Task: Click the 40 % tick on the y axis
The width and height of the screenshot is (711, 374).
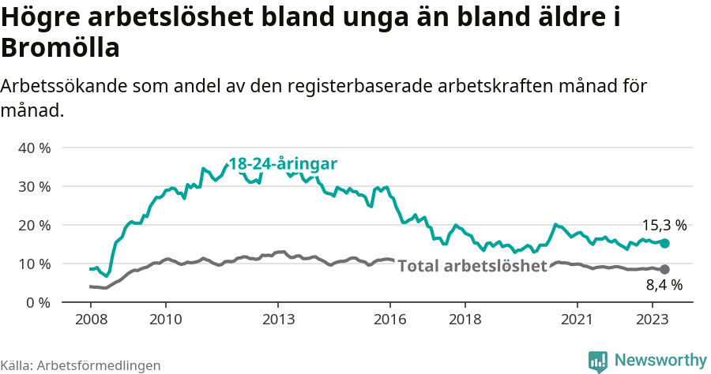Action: (34, 148)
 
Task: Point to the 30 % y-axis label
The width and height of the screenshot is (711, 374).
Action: (34, 186)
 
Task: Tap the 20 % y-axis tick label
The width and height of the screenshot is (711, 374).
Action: (34, 225)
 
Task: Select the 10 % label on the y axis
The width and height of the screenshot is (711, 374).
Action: (34, 264)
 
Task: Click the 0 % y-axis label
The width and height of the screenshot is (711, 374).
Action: (38, 302)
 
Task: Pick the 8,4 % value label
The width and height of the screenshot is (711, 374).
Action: (664, 285)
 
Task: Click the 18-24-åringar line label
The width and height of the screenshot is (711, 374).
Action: (283, 163)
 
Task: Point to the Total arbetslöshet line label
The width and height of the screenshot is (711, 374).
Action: (472, 266)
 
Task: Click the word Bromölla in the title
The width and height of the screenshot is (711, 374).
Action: (60, 48)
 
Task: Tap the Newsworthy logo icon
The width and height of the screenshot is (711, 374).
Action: (599, 361)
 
